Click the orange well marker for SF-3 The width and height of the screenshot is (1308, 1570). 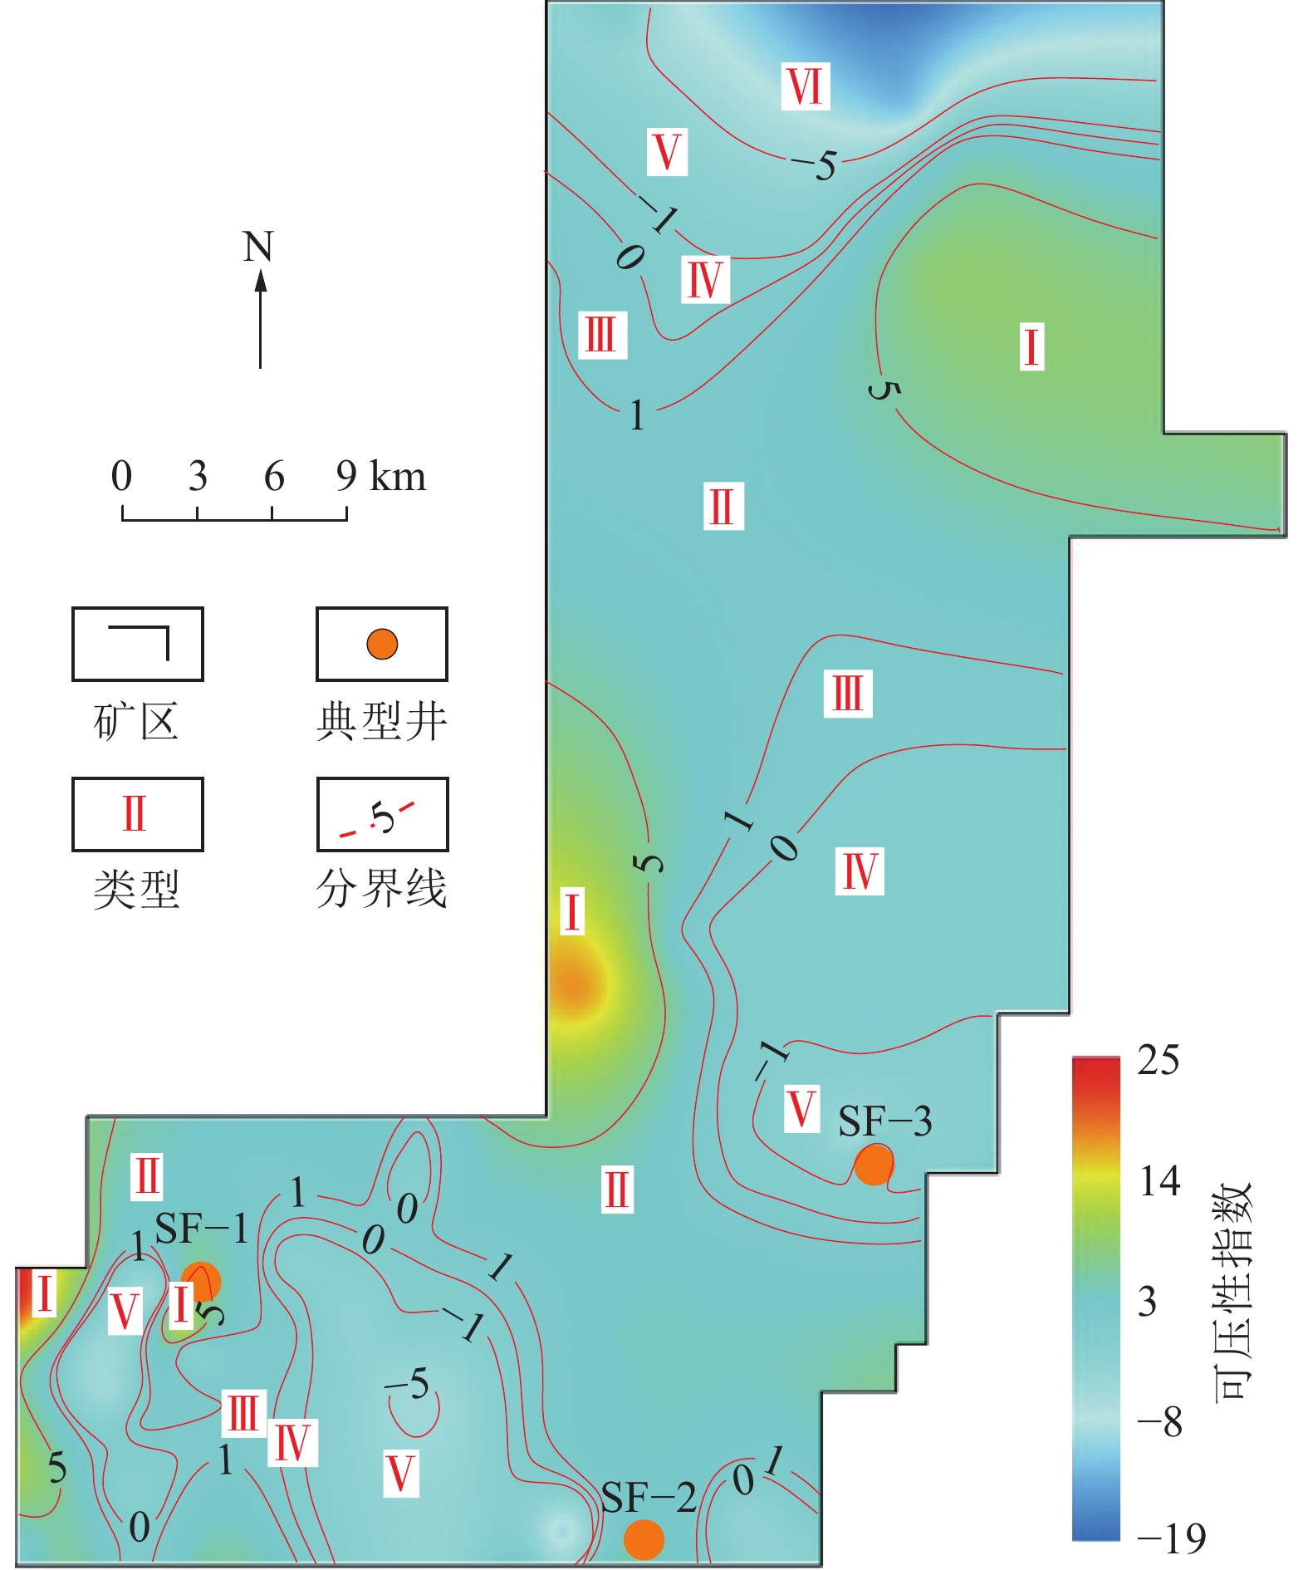[x=873, y=1164]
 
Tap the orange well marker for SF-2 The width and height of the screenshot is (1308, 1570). [x=644, y=1539]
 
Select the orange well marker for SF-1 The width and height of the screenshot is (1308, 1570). [x=201, y=1281]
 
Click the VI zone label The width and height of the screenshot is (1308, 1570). [x=805, y=86]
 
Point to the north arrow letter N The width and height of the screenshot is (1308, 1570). [x=258, y=247]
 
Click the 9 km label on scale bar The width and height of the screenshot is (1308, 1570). [x=381, y=477]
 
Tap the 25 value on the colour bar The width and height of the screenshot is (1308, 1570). [x=1159, y=1060]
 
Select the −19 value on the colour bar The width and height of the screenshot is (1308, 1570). [x=1172, y=1539]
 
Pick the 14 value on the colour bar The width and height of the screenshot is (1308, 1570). [x=1160, y=1180]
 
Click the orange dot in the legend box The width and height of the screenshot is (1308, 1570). [x=382, y=644]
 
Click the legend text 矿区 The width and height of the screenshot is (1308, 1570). [x=136, y=721]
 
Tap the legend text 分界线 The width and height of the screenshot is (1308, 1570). [x=382, y=889]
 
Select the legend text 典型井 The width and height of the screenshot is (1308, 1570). [x=382, y=721]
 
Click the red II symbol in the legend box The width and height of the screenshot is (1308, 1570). [x=135, y=813]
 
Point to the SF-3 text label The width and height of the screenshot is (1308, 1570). [x=885, y=1121]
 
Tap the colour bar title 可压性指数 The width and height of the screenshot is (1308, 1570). [x=1232, y=1293]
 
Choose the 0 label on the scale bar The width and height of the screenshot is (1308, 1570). [x=121, y=477]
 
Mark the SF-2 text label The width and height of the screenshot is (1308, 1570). [x=649, y=1499]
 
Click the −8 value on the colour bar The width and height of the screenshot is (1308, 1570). [x=1160, y=1422]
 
